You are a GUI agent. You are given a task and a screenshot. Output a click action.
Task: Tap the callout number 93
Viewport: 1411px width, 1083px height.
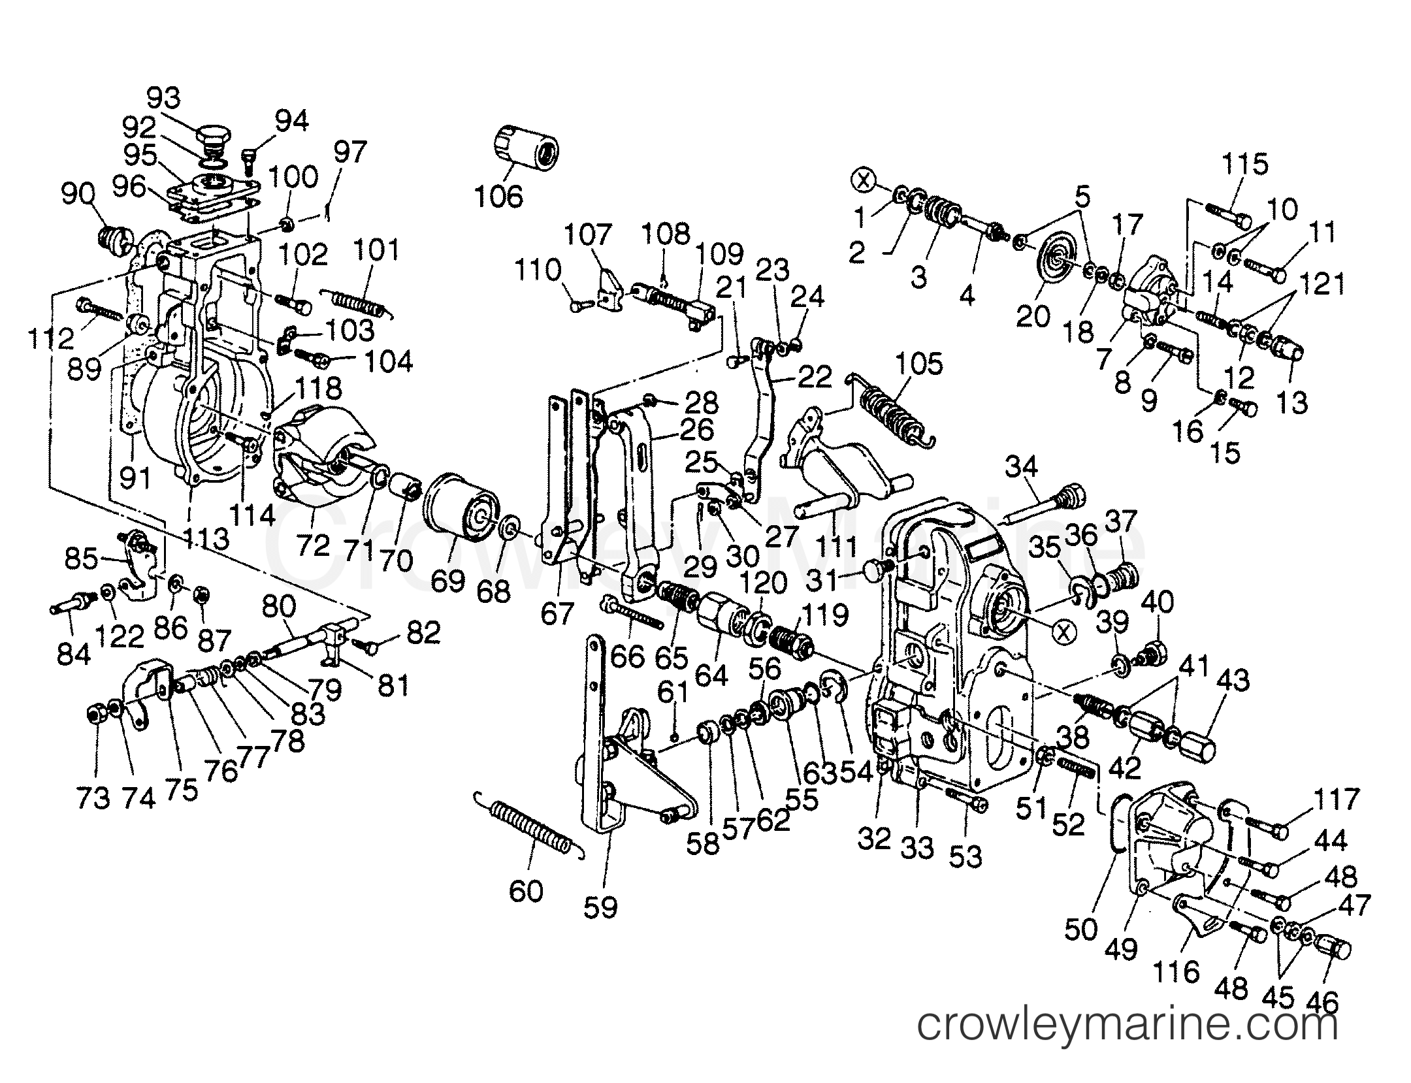point(163,99)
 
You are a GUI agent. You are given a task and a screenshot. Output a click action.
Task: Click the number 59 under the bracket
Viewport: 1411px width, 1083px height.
point(600,907)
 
